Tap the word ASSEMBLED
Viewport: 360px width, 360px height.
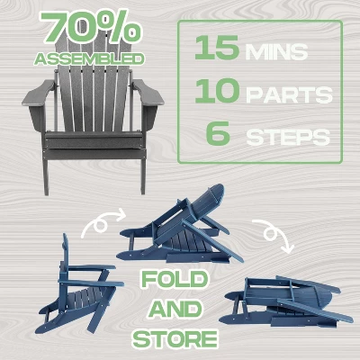coord(89,59)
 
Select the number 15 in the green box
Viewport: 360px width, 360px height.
coord(217,48)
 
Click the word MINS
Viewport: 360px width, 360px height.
coord(276,51)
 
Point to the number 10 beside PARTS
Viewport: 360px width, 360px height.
coord(217,91)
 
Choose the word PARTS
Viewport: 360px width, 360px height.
coord(289,95)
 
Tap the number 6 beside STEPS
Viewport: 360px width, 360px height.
coord(218,133)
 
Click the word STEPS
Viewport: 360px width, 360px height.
coord(288,137)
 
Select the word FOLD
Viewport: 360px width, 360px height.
coord(175,280)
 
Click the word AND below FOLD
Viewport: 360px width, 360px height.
coord(175,310)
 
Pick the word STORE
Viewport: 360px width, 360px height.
coord(175,338)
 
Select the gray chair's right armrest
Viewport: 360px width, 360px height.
coord(148,93)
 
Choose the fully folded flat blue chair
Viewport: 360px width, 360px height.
coord(286,302)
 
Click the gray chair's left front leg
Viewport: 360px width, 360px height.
coord(46,177)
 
